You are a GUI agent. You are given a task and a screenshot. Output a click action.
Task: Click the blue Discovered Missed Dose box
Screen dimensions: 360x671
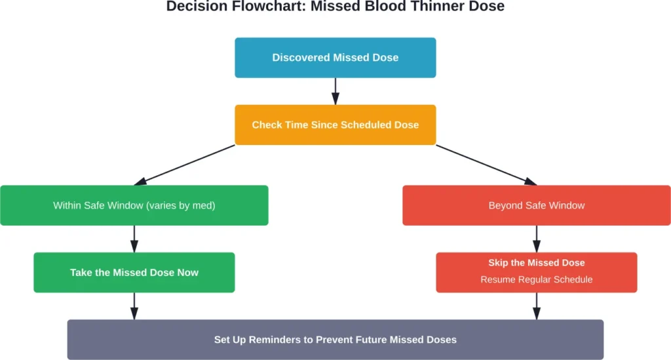click(x=335, y=58)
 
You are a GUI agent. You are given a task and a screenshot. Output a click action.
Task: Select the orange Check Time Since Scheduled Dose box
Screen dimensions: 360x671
click(x=335, y=125)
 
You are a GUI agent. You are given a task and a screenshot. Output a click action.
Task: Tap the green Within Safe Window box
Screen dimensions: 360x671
click(x=134, y=205)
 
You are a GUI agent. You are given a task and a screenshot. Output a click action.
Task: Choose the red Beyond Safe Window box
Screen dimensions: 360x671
click(x=536, y=205)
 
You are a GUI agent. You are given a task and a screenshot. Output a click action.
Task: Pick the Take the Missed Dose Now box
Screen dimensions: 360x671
click(x=134, y=272)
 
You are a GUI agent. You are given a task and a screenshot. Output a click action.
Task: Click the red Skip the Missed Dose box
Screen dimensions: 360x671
click(x=536, y=271)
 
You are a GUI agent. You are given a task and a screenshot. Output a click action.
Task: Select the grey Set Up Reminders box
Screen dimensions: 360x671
click(x=335, y=340)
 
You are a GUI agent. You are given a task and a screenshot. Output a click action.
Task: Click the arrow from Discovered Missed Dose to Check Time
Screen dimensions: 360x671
click(x=335, y=91)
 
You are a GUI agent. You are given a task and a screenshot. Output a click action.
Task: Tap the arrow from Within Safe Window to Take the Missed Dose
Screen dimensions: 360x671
click(x=134, y=239)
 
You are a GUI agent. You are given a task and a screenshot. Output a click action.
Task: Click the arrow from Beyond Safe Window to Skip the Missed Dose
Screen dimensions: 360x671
click(x=536, y=239)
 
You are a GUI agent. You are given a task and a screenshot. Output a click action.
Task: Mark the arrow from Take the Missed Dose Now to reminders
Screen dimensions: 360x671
click(x=134, y=306)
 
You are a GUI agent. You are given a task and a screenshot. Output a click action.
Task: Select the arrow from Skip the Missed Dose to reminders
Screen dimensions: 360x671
click(x=536, y=306)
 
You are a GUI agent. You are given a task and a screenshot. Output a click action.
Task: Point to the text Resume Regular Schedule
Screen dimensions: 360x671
click(x=536, y=279)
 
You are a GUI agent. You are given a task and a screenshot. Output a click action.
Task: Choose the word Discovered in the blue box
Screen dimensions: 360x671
click(x=301, y=58)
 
